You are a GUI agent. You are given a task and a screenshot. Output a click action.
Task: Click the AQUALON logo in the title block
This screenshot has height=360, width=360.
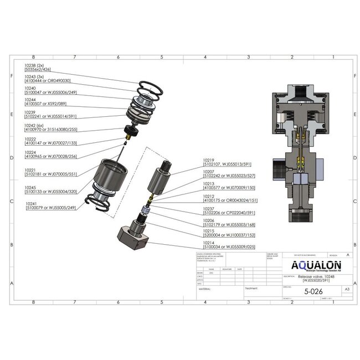(315, 265)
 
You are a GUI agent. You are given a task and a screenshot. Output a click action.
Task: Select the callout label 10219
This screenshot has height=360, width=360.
(209, 160)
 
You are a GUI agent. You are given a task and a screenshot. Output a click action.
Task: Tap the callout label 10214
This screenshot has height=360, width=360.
(209, 243)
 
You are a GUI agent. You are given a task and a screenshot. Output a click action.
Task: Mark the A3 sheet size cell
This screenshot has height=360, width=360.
(347, 289)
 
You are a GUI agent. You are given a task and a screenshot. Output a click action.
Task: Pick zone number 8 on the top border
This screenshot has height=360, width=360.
(34, 57)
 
